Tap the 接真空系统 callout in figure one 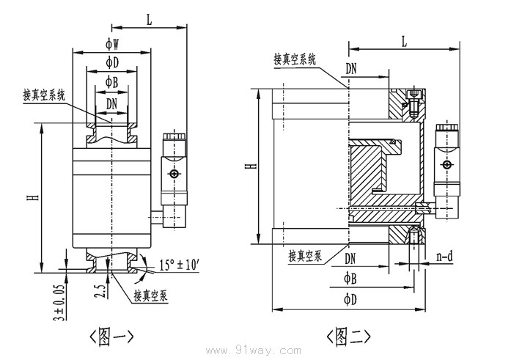click(45, 95)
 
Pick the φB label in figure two click(350, 279)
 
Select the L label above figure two click(403, 43)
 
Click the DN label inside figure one click(111, 103)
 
